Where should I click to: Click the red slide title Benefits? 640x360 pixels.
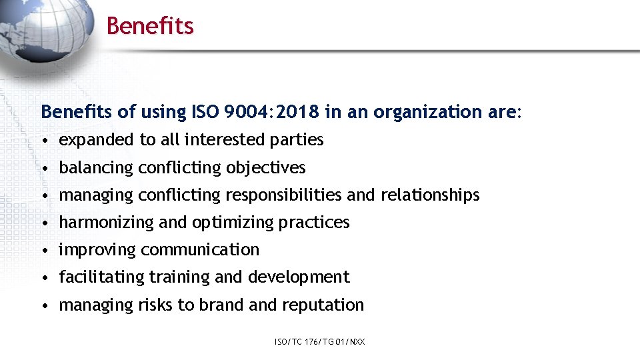pos(150,26)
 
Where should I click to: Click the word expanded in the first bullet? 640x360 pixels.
pos(97,140)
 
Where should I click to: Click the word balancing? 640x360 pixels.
pos(96,167)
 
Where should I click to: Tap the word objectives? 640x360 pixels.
pos(265,167)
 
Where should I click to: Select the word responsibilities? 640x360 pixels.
pos(284,195)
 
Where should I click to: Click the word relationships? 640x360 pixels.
pos(430,195)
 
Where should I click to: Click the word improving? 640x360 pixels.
pos(97,250)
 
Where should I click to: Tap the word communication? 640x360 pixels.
pos(200,250)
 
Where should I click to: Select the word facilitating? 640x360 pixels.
pos(102,277)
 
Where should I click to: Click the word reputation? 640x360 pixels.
pos(323,305)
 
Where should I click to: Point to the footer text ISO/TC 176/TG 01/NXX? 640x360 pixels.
pos(319,342)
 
